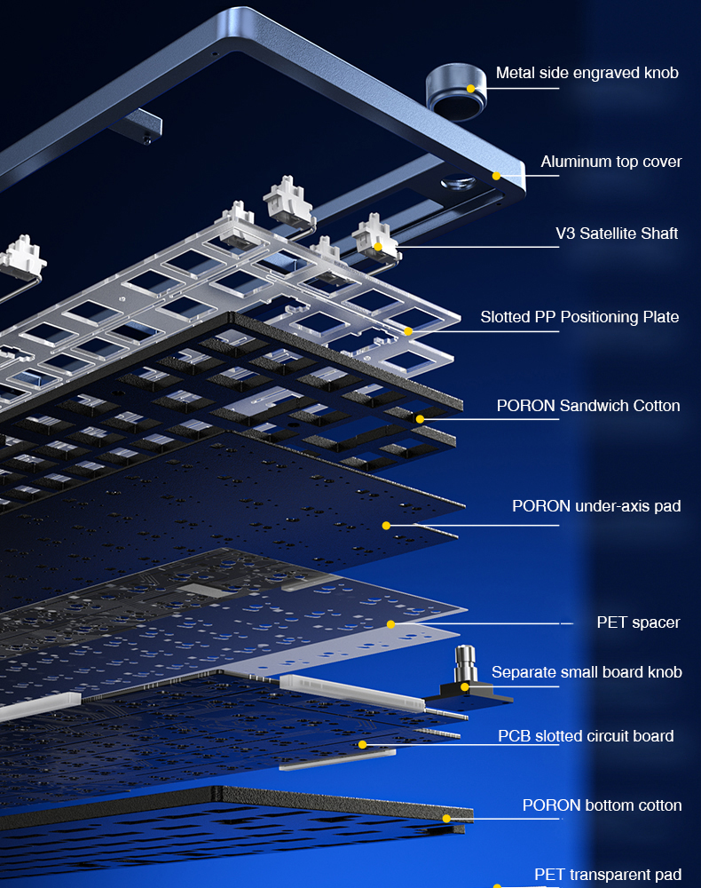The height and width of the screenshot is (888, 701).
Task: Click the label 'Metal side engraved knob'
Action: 587,73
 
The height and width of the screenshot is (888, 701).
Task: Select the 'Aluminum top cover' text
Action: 611,162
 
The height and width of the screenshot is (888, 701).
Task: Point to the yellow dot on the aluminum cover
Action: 497,176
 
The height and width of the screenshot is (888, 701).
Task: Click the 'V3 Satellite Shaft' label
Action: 617,234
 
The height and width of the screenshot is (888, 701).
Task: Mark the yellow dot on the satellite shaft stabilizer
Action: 378,247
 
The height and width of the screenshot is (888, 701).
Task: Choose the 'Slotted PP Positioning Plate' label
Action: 579,317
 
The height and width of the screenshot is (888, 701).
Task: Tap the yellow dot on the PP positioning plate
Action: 409,331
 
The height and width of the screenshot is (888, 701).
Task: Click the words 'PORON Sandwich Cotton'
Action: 588,406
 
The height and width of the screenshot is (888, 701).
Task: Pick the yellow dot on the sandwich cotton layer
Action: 421,418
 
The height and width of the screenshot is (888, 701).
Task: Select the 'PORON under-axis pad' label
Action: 596,506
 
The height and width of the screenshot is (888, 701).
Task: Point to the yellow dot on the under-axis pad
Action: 386,526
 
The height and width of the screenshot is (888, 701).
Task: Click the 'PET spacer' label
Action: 638,622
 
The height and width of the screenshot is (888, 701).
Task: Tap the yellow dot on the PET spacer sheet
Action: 390,624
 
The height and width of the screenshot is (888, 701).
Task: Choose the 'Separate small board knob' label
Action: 587,672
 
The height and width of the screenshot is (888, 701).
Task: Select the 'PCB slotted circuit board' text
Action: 585,736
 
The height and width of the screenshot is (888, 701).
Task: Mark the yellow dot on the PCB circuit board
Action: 362,744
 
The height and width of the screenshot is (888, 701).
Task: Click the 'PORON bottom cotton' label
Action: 602,805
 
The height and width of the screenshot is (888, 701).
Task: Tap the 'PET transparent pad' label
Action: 608,875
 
